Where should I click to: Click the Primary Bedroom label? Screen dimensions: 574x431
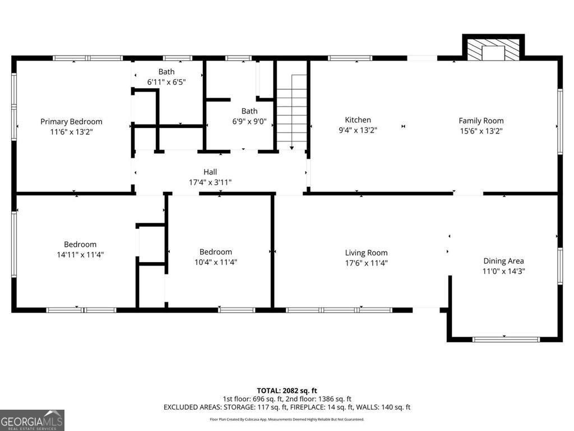(x=71, y=122)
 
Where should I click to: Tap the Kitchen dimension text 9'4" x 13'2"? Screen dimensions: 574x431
(x=358, y=130)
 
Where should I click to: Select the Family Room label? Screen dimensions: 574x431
(x=481, y=121)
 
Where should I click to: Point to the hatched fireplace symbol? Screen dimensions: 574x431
(x=493, y=48)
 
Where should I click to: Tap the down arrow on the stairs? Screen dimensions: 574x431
(x=291, y=112)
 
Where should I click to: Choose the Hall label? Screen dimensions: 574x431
(x=210, y=172)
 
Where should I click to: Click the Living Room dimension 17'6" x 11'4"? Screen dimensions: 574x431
(x=367, y=263)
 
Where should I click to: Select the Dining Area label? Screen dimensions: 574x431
(x=504, y=261)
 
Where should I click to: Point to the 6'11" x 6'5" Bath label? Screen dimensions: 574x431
(x=166, y=72)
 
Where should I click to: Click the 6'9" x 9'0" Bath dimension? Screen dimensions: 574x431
(x=249, y=121)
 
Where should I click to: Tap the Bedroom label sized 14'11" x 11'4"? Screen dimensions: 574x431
(x=80, y=245)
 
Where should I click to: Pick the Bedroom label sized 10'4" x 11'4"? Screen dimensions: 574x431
(x=216, y=252)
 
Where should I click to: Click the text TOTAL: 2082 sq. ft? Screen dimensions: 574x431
(x=287, y=391)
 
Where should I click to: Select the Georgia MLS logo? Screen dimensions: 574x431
(x=32, y=420)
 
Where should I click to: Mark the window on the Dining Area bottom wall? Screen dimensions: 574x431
(x=506, y=340)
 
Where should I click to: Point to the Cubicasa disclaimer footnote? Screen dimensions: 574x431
(x=287, y=419)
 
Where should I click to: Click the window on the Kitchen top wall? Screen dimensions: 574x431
(x=350, y=58)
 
